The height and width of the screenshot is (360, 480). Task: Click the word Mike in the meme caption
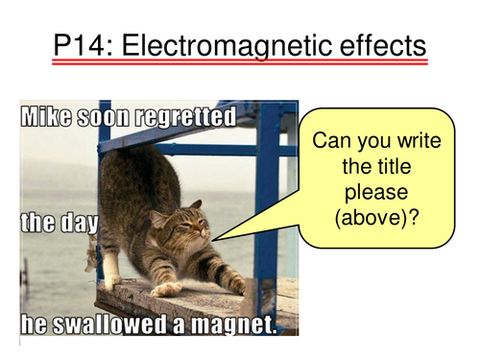[49, 119]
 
